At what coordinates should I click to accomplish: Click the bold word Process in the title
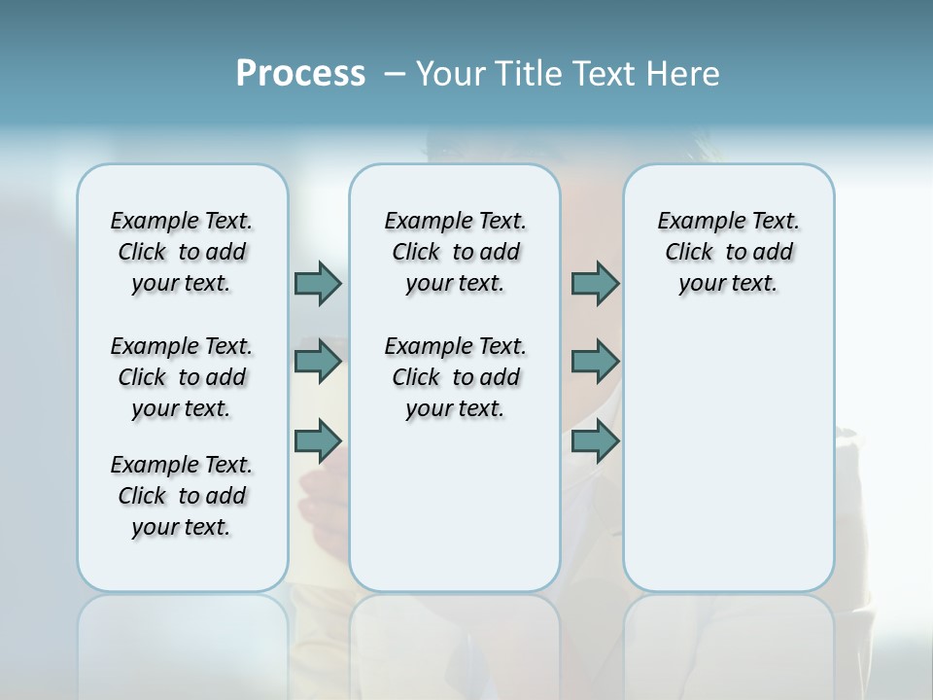pos(300,74)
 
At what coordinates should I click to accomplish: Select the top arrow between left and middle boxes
pos(318,283)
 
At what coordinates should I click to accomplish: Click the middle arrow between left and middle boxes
pos(318,362)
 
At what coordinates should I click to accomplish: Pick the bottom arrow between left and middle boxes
pos(318,441)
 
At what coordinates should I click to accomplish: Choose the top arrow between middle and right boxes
pos(595,283)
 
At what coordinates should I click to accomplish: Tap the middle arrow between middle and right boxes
pos(595,362)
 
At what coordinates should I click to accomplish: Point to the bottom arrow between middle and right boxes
pos(595,441)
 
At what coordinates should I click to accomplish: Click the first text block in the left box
pos(182,252)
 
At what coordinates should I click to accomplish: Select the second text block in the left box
pos(182,377)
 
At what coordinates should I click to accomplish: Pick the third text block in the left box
pos(182,496)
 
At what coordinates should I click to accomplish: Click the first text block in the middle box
pos(455,252)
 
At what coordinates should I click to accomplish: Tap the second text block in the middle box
pos(455,377)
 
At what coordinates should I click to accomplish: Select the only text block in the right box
pos(729,252)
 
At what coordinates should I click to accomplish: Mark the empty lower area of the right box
pos(729,457)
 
